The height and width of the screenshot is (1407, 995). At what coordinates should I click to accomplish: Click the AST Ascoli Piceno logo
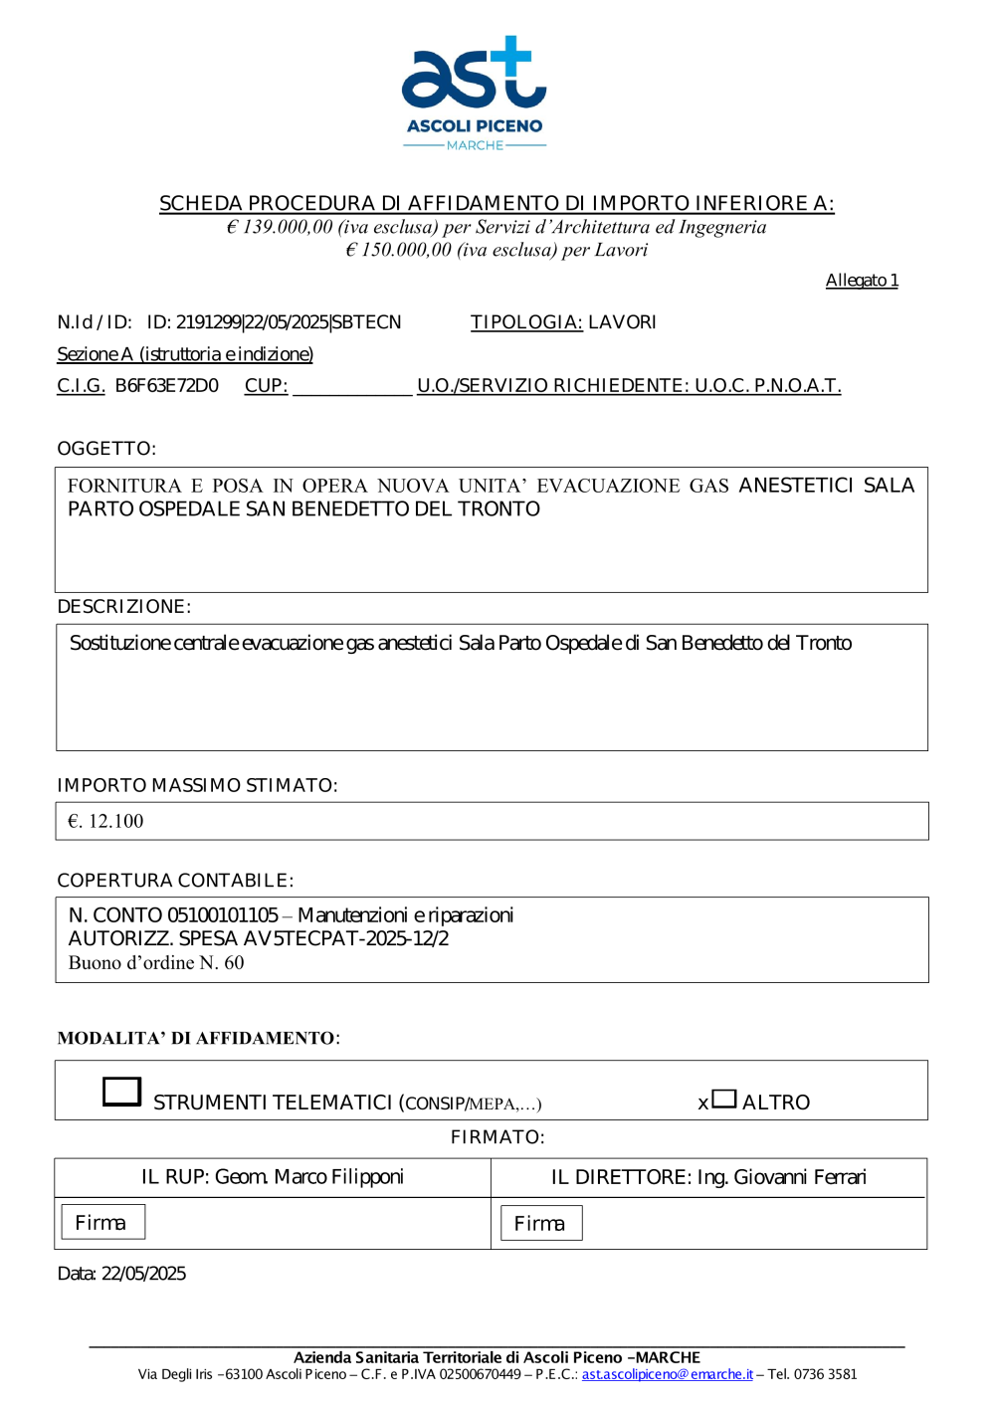pos(475,93)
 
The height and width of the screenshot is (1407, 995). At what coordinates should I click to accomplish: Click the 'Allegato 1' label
pos(862,281)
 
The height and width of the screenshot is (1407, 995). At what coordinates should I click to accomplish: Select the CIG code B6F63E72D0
pos(167,386)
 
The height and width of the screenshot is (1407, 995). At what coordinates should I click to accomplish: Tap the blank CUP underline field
pos(352,387)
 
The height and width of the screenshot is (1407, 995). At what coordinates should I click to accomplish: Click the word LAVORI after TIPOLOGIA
pos(622,322)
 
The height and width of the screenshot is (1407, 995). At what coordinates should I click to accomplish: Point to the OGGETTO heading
pos(106,449)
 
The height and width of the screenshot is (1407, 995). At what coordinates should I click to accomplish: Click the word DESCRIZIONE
pos(123,607)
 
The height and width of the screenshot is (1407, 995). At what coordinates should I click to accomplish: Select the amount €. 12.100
pos(105,822)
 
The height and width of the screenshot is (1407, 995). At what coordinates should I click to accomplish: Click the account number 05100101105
pos(223,915)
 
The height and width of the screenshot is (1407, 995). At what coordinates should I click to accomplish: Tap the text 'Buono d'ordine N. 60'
pos(156,963)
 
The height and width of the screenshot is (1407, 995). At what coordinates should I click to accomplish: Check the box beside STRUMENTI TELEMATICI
pos(122,1092)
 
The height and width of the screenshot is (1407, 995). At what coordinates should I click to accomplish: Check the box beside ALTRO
pos(724,1099)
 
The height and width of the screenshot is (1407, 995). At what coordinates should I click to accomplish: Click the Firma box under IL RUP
pos(102,1222)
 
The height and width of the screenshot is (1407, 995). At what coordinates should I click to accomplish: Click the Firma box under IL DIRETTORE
pos(540,1223)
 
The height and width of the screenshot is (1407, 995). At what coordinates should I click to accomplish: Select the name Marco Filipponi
pos(338,1177)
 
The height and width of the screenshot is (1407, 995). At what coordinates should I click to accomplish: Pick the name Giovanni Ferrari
pos(800,1177)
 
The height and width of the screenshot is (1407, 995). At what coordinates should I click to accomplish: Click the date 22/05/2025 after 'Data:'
pos(143,1274)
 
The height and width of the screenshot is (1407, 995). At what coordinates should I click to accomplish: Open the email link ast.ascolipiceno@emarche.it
pos(667,1374)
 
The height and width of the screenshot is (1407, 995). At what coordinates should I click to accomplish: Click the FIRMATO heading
pos(497,1137)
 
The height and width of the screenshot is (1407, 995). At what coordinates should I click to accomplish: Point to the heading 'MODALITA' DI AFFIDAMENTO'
pos(197,1039)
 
